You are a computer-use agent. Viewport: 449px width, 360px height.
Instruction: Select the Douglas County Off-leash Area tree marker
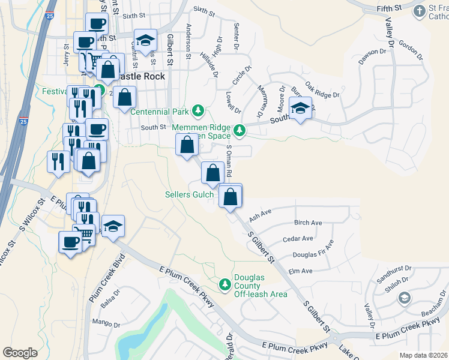225,284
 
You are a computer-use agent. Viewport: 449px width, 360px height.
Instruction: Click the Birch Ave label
308,223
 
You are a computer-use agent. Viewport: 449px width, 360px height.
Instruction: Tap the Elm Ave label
301,271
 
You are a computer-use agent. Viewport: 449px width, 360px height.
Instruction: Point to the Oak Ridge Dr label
322,91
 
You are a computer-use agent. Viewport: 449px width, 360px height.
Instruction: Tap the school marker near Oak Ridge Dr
300,108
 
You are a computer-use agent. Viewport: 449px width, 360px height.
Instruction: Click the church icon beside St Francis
420,10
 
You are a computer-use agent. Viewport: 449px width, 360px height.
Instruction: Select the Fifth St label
388,8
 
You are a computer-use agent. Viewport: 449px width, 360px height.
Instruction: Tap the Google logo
20,352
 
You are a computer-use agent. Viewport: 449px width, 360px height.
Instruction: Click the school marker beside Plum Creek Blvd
113,226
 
